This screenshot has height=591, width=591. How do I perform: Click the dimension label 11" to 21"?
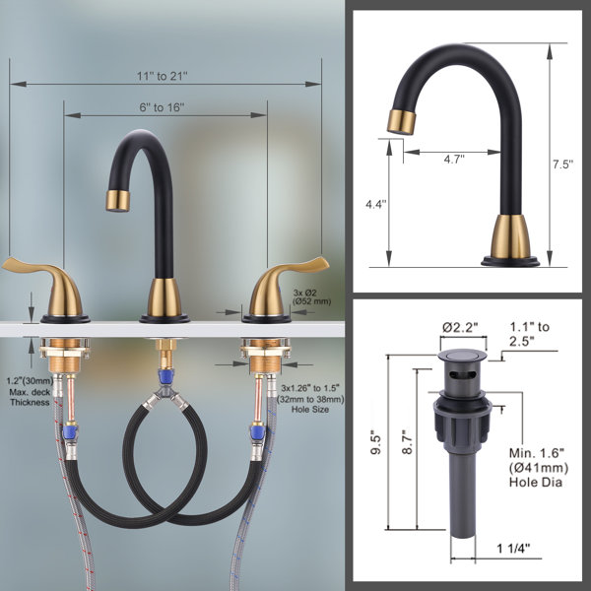tap(162, 76)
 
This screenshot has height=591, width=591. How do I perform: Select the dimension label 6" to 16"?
tap(162, 107)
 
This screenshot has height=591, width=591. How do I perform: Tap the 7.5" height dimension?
tap(562, 164)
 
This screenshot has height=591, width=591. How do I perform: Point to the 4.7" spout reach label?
tap(454, 160)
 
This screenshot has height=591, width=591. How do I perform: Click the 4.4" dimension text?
tap(376, 204)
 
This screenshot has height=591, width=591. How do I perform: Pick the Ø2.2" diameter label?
tap(460, 328)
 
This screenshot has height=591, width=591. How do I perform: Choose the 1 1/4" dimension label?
tap(513, 548)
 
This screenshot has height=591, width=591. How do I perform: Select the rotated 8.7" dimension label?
tap(408, 441)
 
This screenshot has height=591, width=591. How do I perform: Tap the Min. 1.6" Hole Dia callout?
tap(539, 467)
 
